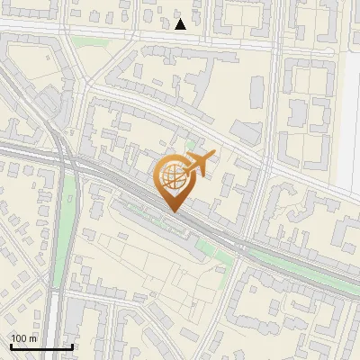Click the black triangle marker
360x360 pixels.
click(x=180, y=24)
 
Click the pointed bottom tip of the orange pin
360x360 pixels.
click(x=174, y=211)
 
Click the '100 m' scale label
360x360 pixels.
click(x=24, y=338)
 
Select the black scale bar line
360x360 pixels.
click(x=41, y=346)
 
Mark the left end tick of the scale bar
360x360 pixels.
click(x=11, y=345)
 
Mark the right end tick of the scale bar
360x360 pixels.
click(x=72, y=345)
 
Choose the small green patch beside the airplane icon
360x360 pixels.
click(x=190, y=144)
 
